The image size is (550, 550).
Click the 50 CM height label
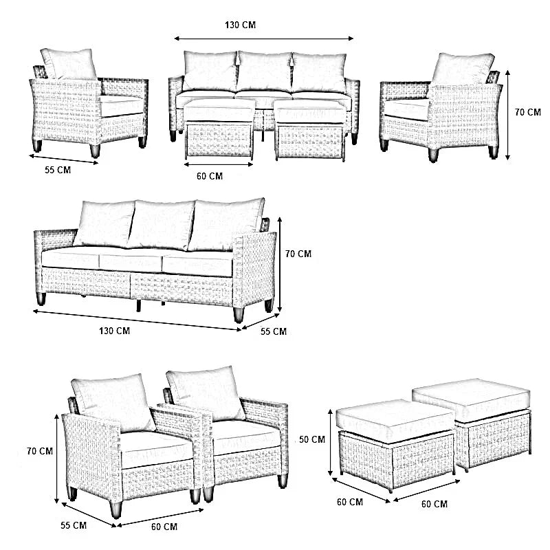point(312,439)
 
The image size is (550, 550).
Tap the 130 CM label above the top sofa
point(240,25)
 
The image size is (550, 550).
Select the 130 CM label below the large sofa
point(114,331)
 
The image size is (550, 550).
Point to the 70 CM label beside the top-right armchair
point(528,112)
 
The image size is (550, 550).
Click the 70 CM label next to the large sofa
point(298,254)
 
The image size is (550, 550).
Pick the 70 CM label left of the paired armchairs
point(40,451)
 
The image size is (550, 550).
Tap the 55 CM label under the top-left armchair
point(58,170)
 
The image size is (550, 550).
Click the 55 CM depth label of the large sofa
point(273,331)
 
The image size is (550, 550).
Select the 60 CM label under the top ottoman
point(210,176)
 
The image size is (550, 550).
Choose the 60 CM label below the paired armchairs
point(164,527)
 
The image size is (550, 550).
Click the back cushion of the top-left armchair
point(69,63)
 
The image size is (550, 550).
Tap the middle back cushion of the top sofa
point(265,71)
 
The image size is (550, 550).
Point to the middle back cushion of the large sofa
point(162,225)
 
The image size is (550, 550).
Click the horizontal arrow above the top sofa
point(264,38)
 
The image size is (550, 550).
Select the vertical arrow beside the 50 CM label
point(331,442)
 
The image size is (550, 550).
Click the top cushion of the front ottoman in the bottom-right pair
point(395,417)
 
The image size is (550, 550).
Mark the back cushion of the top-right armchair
point(462,69)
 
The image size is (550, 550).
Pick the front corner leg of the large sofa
point(239,315)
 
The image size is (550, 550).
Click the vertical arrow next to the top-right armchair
point(507,115)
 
